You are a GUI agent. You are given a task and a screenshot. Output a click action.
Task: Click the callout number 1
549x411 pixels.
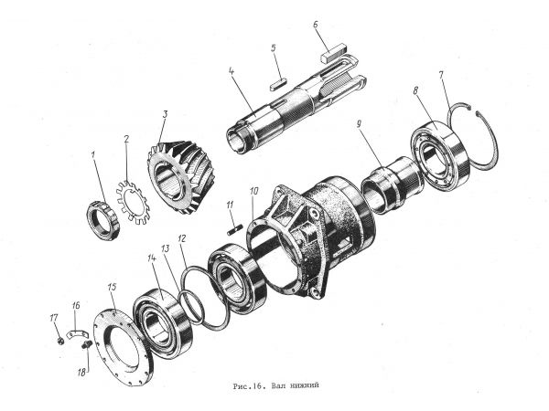(93, 154)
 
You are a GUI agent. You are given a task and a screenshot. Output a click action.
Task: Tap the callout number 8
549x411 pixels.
(415, 90)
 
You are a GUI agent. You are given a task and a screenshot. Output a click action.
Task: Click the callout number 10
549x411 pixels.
(253, 191)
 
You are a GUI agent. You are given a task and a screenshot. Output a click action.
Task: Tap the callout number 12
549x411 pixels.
(182, 239)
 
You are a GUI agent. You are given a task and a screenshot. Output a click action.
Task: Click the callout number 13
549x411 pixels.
(165, 248)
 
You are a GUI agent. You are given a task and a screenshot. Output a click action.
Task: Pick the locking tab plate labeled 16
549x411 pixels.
(77, 333)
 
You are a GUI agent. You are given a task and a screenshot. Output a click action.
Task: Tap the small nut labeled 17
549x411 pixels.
(60, 340)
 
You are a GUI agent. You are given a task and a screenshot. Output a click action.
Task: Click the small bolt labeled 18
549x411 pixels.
(86, 345)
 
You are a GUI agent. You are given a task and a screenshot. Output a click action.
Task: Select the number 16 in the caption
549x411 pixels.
(256, 386)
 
